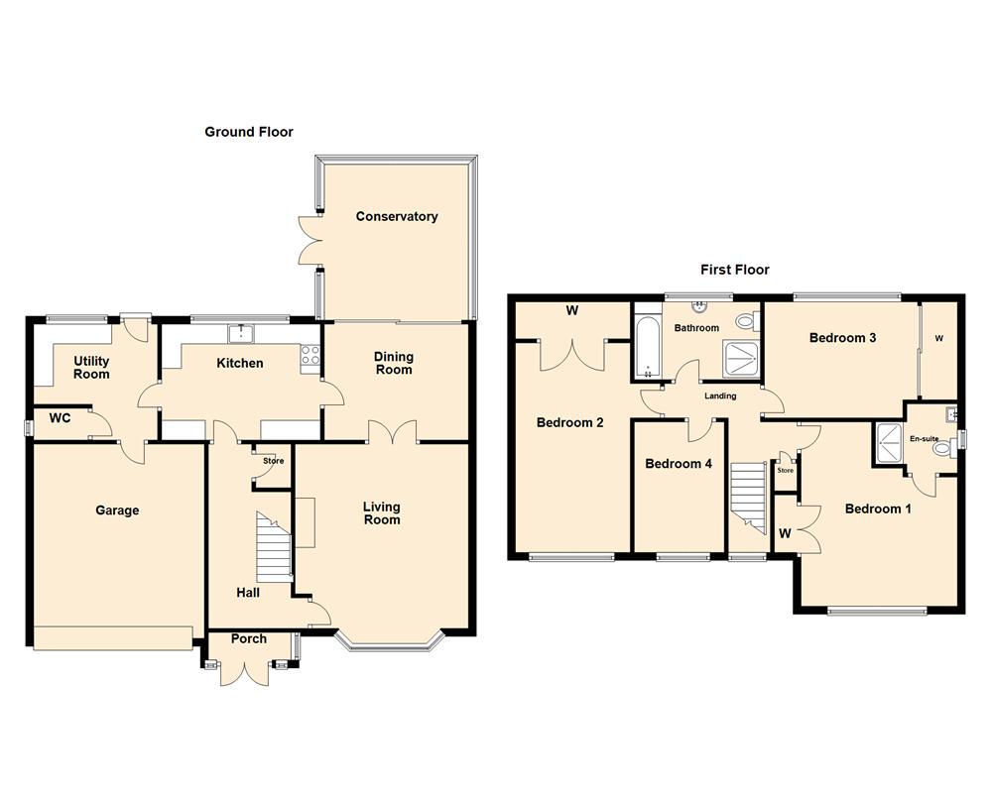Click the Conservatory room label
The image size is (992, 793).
coord(397,216)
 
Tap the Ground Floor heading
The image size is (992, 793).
coord(249,132)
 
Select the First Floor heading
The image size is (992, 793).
coord(734,270)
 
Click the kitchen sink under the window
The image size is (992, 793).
coord(241,332)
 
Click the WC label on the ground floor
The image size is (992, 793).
coord(61,418)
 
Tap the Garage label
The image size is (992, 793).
coord(117,510)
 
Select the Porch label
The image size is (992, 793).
coord(249,638)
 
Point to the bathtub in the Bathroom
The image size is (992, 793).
coord(648,348)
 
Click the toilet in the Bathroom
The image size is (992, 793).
coord(747,320)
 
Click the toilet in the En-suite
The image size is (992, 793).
coord(942,449)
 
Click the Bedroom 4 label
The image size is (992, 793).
coord(679,464)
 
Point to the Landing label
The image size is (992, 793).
coord(720,396)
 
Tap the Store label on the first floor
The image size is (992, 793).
coord(785,470)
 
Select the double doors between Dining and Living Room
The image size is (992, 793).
coord(393,433)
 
